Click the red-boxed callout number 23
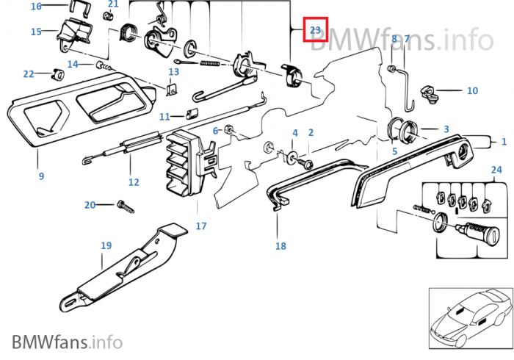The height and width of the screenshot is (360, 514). click(x=316, y=30)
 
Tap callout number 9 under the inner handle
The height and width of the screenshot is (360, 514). click(x=41, y=176)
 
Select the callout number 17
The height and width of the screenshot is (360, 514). click(x=201, y=226)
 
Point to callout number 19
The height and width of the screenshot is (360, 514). click(x=106, y=246)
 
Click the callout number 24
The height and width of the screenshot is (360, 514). click(x=497, y=170)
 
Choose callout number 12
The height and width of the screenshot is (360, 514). click(x=133, y=182)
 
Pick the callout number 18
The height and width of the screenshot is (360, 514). click(x=280, y=246)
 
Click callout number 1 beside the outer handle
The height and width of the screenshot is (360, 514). click(x=504, y=141)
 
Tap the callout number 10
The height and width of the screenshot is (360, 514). click(x=472, y=91)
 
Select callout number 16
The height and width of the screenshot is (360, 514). click(x=37, y=6)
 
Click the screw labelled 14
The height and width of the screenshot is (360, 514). click(x=103, y=66)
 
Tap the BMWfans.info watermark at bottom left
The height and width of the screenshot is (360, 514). click(x=67, y=342)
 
